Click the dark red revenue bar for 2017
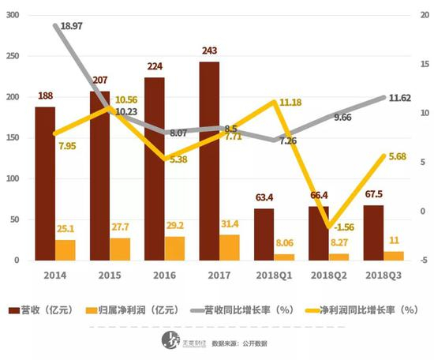pos(209,161)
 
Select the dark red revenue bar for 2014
pos(45,184)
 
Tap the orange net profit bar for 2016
pos(174,249)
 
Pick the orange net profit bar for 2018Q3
pos(394,256)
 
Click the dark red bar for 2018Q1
pos(264,234)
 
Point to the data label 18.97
pos(71,26)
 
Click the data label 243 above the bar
pos(210,51)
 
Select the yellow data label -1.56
pos(344,227)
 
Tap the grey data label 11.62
pos(400,98)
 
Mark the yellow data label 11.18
pos(290,103)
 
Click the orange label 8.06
pos(285,243)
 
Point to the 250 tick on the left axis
pos(13,56)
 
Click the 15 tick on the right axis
pos(425,64)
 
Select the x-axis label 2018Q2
pos(329,276)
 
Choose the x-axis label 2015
pos(110,276)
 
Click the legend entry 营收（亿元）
pos(42,310)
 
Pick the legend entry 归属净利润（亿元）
pos(133,310)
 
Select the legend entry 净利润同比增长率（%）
pos(362,310)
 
